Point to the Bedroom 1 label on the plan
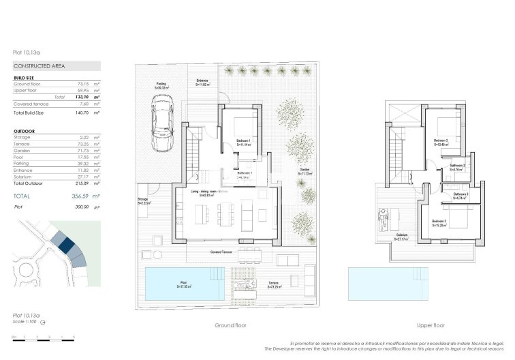pyautogui.click(x=245, y=142)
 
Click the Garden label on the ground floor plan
pyautogui.click(x=305, y=171)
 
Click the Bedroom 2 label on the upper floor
pyautogui.click(x=443, y=142)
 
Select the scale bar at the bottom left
pyautogui.click(x=43, y=337)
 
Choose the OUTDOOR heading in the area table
pyautogui.click(x=25, y=130)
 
